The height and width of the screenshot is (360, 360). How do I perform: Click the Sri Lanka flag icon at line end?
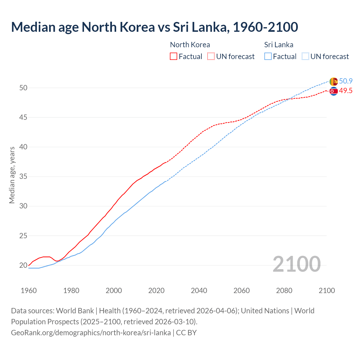[x=334, y=82]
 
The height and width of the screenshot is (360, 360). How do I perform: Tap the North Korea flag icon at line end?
[x=334, y=91]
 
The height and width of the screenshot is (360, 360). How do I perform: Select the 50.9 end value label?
[x=346, y=81]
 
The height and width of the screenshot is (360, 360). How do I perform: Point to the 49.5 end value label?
[x=346, y=91]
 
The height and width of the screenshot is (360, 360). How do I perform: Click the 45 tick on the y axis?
[x=23, y=117]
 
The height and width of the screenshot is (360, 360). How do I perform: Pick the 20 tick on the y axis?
[x=23, y=265]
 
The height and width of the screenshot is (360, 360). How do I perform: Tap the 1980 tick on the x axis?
[x=71, y=291]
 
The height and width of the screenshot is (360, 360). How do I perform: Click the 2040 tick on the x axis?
[x=199, y=291]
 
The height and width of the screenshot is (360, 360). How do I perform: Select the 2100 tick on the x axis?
[x=327, y=291]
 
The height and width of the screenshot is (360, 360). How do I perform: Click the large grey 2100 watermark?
[x=296, y=264]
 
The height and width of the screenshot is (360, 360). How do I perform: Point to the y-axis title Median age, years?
[x=12, y=175]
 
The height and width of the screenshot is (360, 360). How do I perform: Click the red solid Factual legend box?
[x=174, y=57]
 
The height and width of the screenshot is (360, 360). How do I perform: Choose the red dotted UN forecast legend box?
[x=211, y=57]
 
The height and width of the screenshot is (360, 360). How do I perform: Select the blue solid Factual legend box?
[x=268, y=57]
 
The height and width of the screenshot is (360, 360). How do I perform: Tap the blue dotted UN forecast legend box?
[x=305, y=57]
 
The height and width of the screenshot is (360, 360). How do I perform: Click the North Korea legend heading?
[x=190, y=45]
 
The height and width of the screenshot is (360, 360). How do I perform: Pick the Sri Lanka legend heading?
[x=278, y=45]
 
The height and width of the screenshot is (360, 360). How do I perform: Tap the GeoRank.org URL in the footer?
[x=91, y=333]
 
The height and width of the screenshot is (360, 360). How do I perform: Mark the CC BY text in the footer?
[x=186, y=333]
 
